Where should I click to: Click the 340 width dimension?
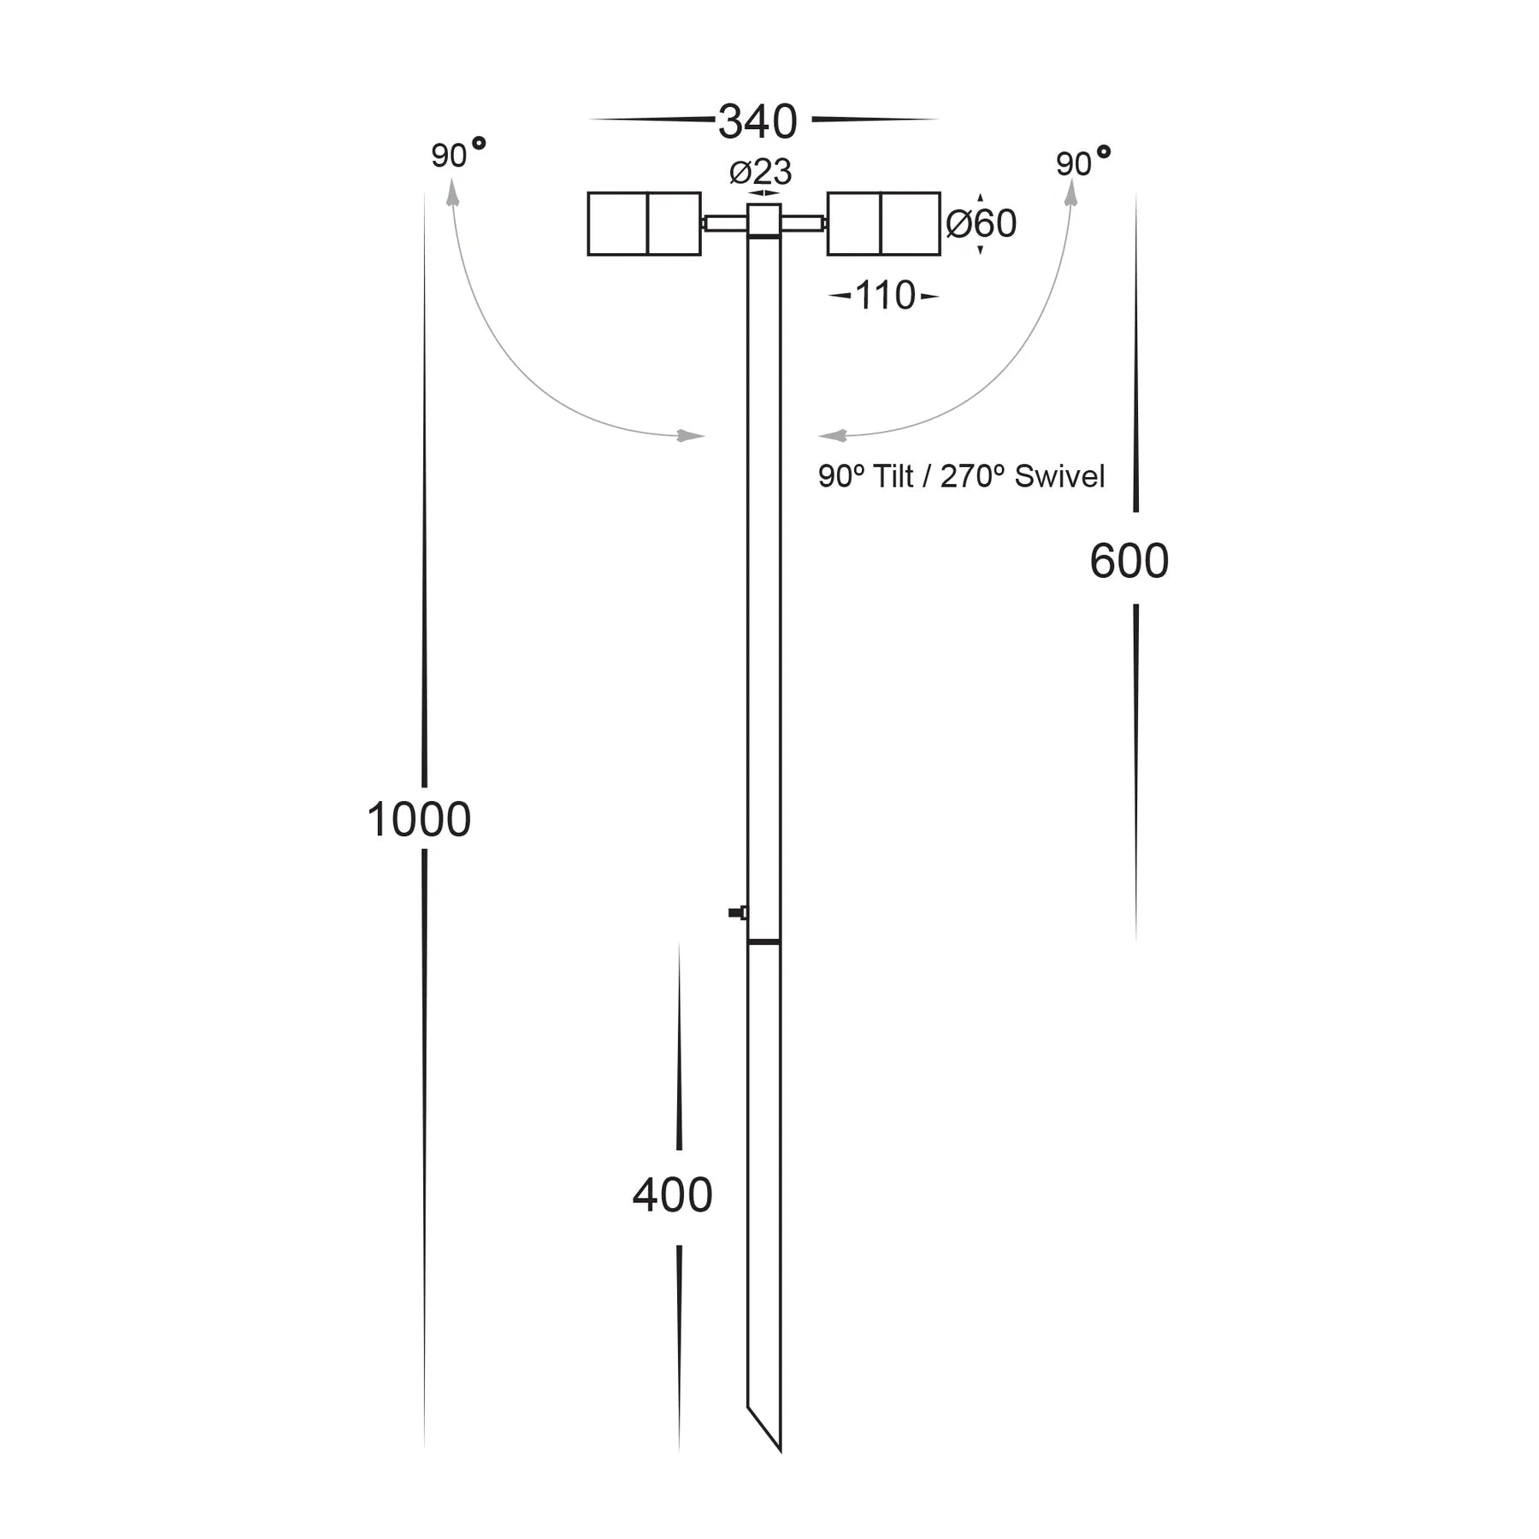tap(758, 121)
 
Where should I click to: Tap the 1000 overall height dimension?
tap(418, 819)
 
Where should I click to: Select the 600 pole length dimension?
tap(1129, 561)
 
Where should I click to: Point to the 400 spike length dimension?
tap(672, 1195)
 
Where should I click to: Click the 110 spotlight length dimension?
tap(884, 296)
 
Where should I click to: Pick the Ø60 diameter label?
tap(981, 224)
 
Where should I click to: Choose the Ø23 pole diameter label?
tap(760, 172)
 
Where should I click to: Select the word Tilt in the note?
tap(893, 476)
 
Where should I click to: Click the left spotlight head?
tap(644, 224)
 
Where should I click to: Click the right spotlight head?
tap(883, 224)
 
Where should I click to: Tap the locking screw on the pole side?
tap(737, 913)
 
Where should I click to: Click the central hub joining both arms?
tap(764, 220)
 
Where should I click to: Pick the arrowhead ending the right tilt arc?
tap(833, 436)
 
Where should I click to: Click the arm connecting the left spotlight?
tap(724, 224)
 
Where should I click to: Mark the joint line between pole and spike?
tap(764, 941)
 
